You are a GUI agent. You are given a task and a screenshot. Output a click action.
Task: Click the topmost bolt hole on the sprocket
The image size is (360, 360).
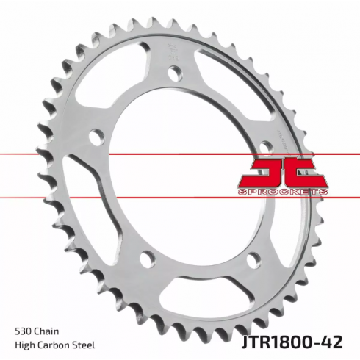tap(173, 73)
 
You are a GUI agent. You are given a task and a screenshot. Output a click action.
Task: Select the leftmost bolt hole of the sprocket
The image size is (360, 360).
tap(95, 136)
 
